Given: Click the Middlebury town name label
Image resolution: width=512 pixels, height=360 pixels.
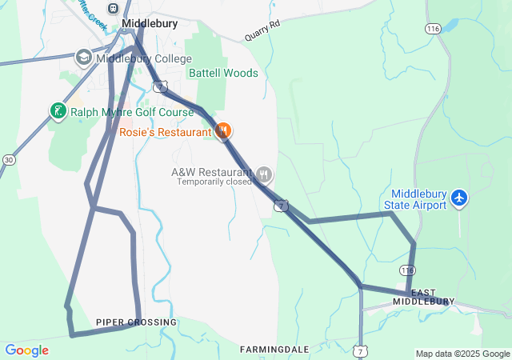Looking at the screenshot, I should tap(150, 24).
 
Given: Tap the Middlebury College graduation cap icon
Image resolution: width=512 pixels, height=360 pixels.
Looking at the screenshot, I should tap(83, 58).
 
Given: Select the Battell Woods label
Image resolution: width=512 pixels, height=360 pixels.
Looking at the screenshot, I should tap(223, 73).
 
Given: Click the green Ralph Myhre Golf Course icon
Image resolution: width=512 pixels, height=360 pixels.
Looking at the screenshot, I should tap(58, 112).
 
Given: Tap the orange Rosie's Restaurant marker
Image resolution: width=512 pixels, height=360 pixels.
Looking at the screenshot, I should tap(224, 130).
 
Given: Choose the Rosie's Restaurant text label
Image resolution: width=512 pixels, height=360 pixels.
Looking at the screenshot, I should tap(166, 131).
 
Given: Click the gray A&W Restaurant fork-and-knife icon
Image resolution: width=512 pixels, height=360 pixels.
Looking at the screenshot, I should tap(264, 174).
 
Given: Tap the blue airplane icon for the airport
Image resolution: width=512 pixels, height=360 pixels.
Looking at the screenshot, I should tap(459, 197).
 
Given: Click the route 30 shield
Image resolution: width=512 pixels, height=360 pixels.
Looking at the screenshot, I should tap(8, 160).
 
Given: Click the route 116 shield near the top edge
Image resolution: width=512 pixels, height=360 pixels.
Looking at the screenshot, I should tap(434, 29).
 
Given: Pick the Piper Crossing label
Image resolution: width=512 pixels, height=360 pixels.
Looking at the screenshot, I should tap(136, 322).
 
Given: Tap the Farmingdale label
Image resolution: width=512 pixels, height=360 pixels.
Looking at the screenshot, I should tap(274, 350).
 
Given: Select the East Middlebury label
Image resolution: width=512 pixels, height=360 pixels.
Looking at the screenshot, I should tap(428, 296).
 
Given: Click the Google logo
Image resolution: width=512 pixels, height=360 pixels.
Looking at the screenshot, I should tap(26, 350).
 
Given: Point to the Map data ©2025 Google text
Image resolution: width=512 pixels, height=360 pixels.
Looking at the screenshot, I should tap(462, 354).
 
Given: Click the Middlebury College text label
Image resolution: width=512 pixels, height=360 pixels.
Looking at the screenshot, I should tap(144, 58).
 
